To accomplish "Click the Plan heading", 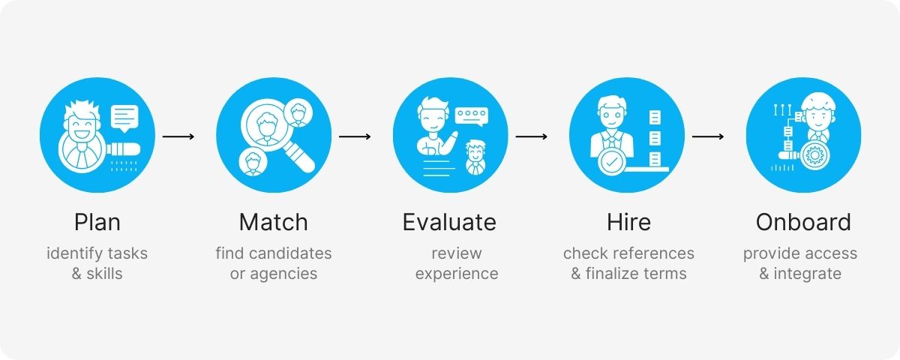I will click(97, 223).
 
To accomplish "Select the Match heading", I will click(274, 223).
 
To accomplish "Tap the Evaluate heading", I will click(449, 223).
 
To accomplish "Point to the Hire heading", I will click(628, 223).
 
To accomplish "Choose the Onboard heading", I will click(803, 223).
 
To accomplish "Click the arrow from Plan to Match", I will click(178, 136).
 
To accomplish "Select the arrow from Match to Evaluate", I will click(355, 136).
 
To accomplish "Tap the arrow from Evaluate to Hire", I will click(531, 136).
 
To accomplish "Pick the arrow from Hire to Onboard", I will click(707, 136).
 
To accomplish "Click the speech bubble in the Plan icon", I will click(125, 117).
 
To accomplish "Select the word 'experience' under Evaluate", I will click(457, 274).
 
